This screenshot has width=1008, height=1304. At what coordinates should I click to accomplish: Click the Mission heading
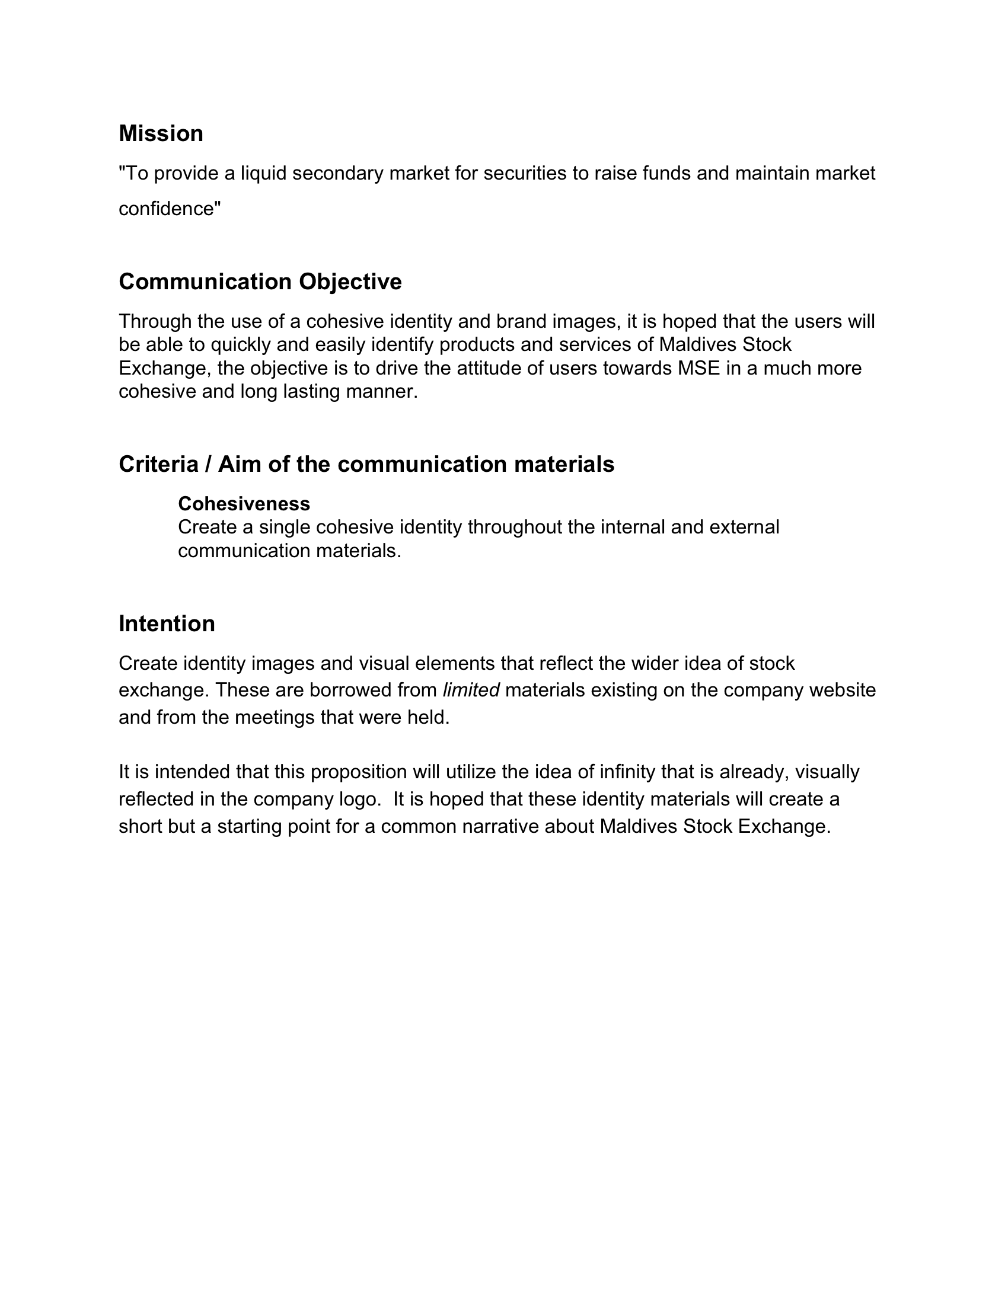pyautogui.click(x=161, y=133)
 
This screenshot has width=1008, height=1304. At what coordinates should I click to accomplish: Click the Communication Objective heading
pyautogui.click(x=260, y=281)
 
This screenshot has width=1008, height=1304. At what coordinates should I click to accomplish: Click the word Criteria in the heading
pyautogui.click(x=158, y=464)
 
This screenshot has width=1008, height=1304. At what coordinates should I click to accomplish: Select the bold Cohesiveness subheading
pyautogui.click(x=244, y=504)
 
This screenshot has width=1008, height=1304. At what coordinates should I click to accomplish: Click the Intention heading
pyautogui.click(x=167, y=624)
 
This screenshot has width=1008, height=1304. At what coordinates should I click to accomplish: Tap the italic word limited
pyautogui.click(x=471, y=690)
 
